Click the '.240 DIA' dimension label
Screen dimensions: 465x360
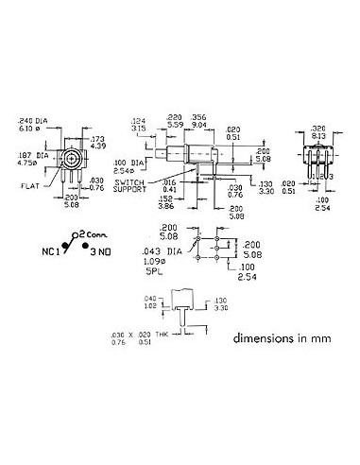(31, 120)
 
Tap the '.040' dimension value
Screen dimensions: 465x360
(149, 300)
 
